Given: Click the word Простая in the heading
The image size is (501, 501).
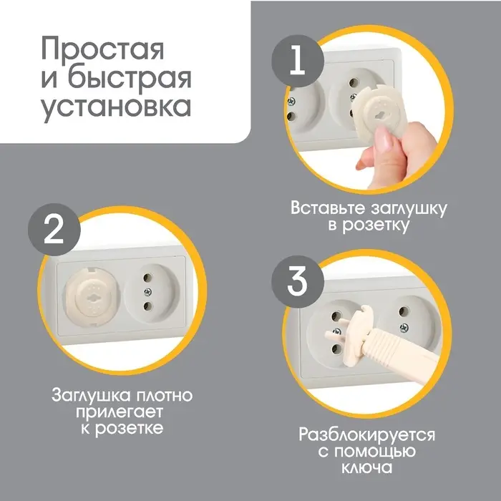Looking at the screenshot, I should coord(102,50).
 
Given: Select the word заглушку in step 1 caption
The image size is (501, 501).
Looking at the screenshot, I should coord(405,209).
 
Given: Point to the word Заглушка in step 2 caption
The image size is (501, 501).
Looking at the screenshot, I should coord(87,396).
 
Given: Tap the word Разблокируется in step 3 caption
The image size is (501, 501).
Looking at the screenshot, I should coord(366,435).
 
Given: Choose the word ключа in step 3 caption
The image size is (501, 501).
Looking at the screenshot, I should coord(366,468).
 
